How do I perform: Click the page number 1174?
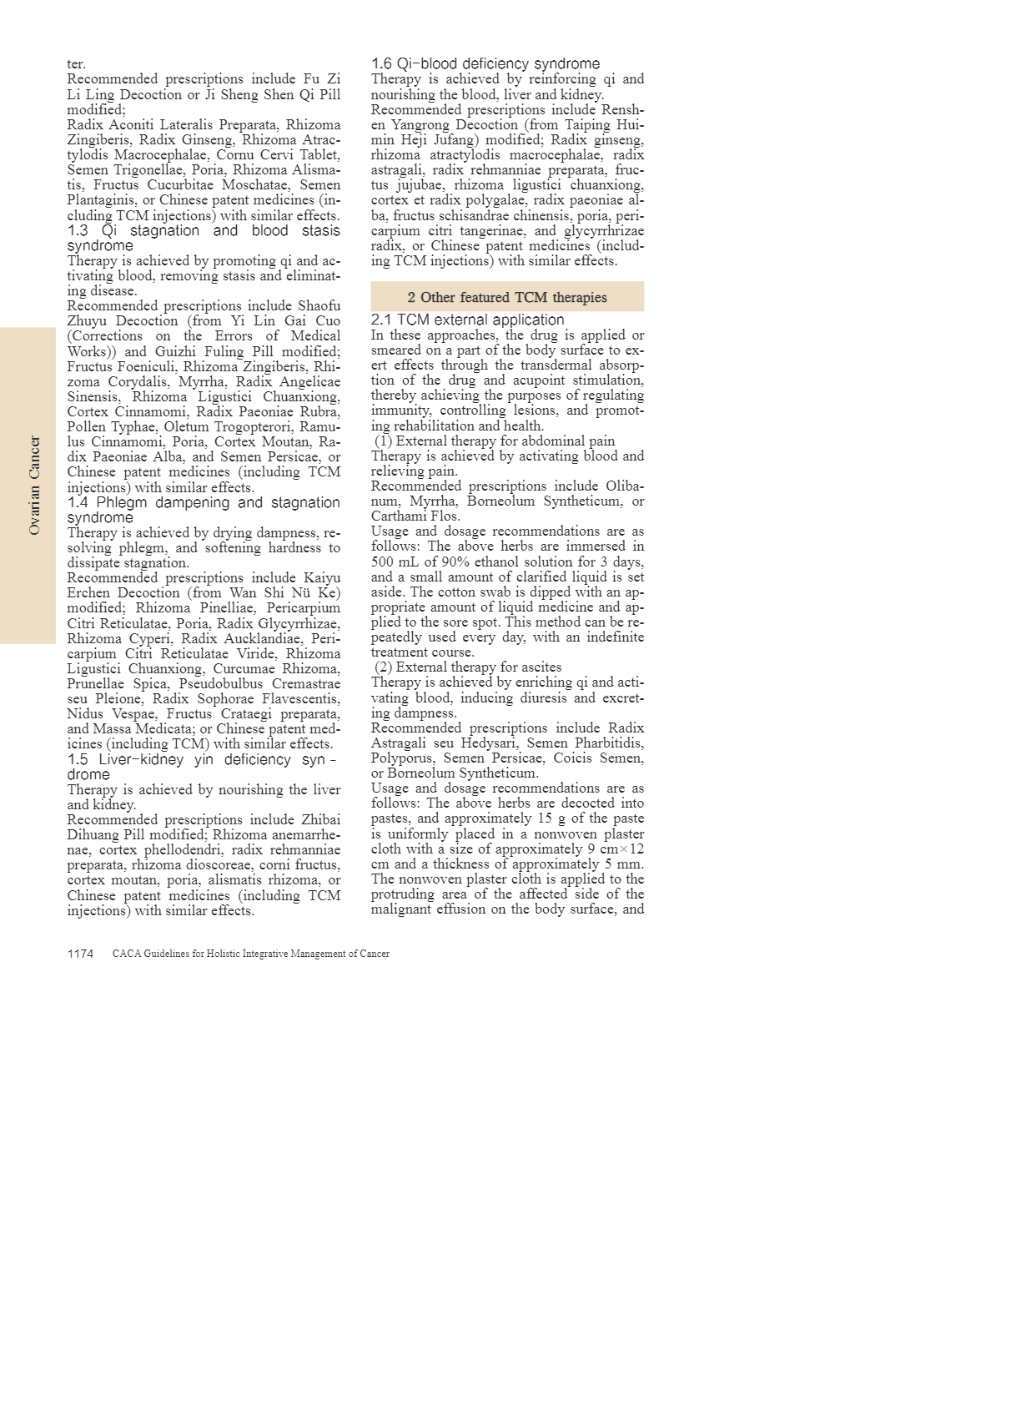80,954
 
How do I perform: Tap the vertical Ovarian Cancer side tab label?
34,485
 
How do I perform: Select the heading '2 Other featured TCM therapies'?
507,297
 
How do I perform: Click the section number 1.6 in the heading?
381,64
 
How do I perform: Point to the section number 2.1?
381,320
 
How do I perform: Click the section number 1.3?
78,231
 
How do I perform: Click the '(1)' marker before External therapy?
384,441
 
